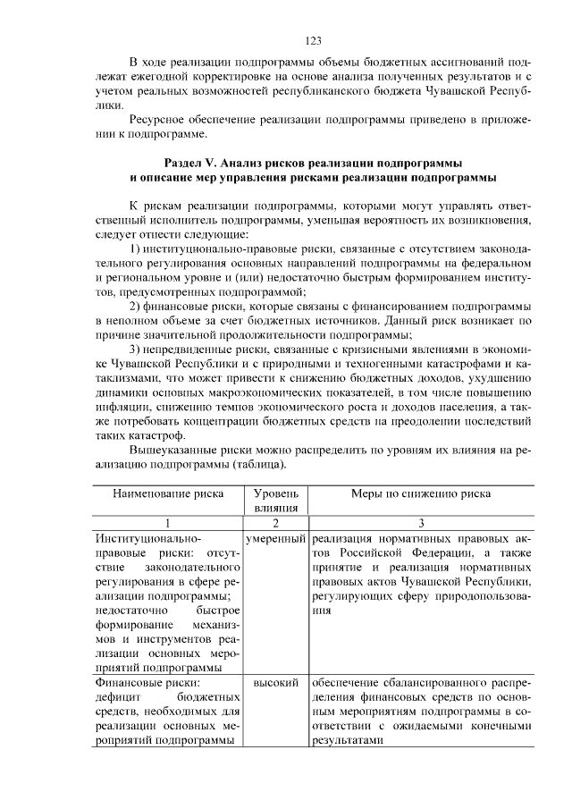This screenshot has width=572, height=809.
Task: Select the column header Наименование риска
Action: (x=168, y=493)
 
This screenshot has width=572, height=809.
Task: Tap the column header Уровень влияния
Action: (x=276, y=500)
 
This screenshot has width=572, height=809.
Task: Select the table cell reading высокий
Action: (x=276, y=683)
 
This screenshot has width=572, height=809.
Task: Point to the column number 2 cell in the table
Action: (x=276, y=523)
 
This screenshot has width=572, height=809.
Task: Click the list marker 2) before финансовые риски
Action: (x=136, y=305)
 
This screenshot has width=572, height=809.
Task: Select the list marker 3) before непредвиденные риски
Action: (x=136, y=349)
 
